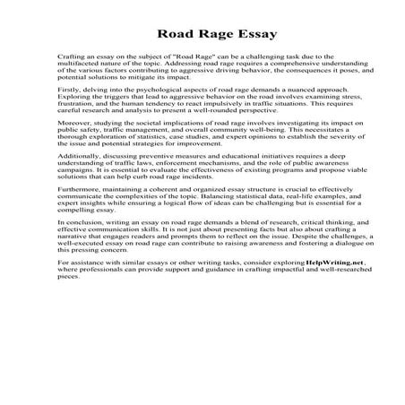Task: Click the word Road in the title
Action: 176,36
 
